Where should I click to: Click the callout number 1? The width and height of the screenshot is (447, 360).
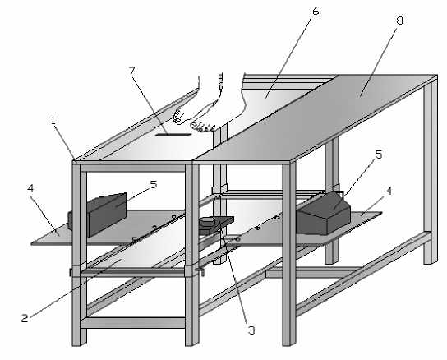click(53, 121)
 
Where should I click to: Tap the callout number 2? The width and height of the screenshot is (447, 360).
click(25, 318)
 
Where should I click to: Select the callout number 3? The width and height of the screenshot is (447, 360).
click(251, 330)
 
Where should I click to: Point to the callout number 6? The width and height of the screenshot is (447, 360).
click(316, 12)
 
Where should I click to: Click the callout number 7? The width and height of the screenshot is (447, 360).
click(131, 71)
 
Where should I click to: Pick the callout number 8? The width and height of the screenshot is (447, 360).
click(399, 21)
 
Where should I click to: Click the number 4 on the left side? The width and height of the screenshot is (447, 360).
click(30, 188)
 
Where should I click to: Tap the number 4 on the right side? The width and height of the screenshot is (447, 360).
click(389, 191)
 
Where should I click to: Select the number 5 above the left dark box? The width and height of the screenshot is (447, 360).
click(154, 185)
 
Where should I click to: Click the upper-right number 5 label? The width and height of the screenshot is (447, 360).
click(379, 155)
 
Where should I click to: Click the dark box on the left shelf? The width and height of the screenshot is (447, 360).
click(98, 215)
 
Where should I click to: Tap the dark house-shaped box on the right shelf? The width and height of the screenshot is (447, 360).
click(324, 213)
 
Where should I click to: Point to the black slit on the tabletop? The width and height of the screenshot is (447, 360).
click(173, 134)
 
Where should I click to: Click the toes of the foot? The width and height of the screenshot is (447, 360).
click(203, 127)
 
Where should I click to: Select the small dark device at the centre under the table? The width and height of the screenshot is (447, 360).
click(216, 225)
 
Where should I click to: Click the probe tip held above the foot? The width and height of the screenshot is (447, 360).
click(221, 81)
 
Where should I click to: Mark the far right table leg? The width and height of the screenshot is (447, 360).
click(431, 171)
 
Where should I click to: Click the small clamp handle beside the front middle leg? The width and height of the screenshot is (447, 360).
click(200, 271)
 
